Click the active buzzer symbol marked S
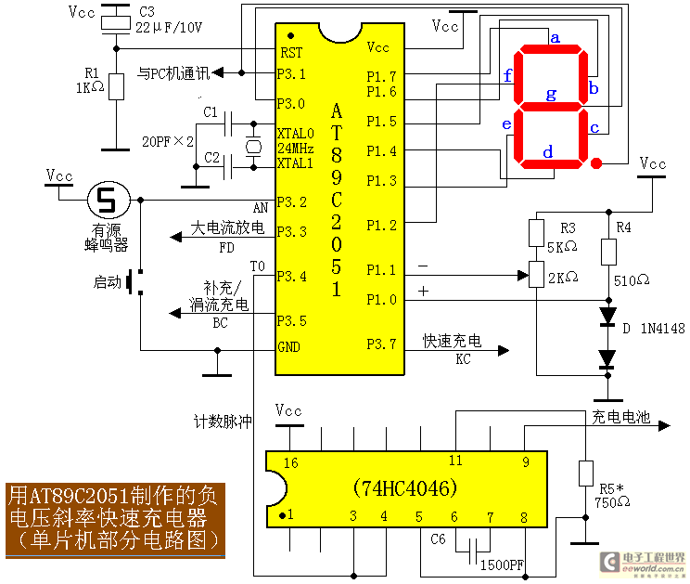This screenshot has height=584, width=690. coord(108,198)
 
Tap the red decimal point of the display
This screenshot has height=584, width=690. coord(597,164)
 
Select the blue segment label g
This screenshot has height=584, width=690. coord(551,94)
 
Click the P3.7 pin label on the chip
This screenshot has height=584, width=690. coord(382,344)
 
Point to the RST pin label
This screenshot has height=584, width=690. coord(291,54)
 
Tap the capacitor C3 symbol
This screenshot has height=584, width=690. coord(116,19)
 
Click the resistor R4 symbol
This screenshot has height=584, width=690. coord(608,251)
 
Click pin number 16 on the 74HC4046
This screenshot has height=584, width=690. coord(291,461)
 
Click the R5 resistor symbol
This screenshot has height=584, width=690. coord(585,473)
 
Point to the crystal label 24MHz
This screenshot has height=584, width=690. coord(296,149)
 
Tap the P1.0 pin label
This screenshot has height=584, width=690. coord(381,299)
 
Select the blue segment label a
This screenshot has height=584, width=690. coord(556,38)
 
